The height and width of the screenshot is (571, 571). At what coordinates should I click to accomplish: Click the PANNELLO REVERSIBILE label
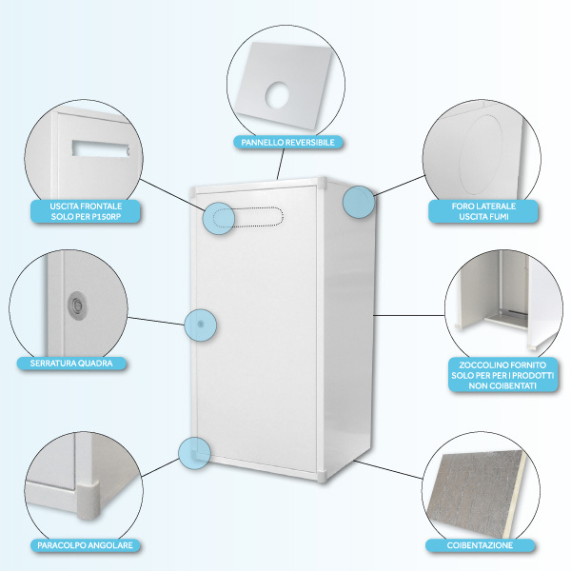coord(288,142)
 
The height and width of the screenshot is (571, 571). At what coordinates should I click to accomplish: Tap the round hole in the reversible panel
coord(277,95)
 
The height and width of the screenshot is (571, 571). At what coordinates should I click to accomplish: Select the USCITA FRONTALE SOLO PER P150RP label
coord(86,211)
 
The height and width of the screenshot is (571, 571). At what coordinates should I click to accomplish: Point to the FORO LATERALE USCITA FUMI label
coord(483,211)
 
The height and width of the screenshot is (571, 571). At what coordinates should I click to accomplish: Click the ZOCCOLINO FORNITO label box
coord(502,375)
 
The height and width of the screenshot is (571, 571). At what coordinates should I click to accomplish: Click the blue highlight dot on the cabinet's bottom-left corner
coord(194,453)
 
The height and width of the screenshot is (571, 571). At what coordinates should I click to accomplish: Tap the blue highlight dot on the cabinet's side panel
coord(358,202)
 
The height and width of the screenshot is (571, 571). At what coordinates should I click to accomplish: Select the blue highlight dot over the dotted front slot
coord(219,218)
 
